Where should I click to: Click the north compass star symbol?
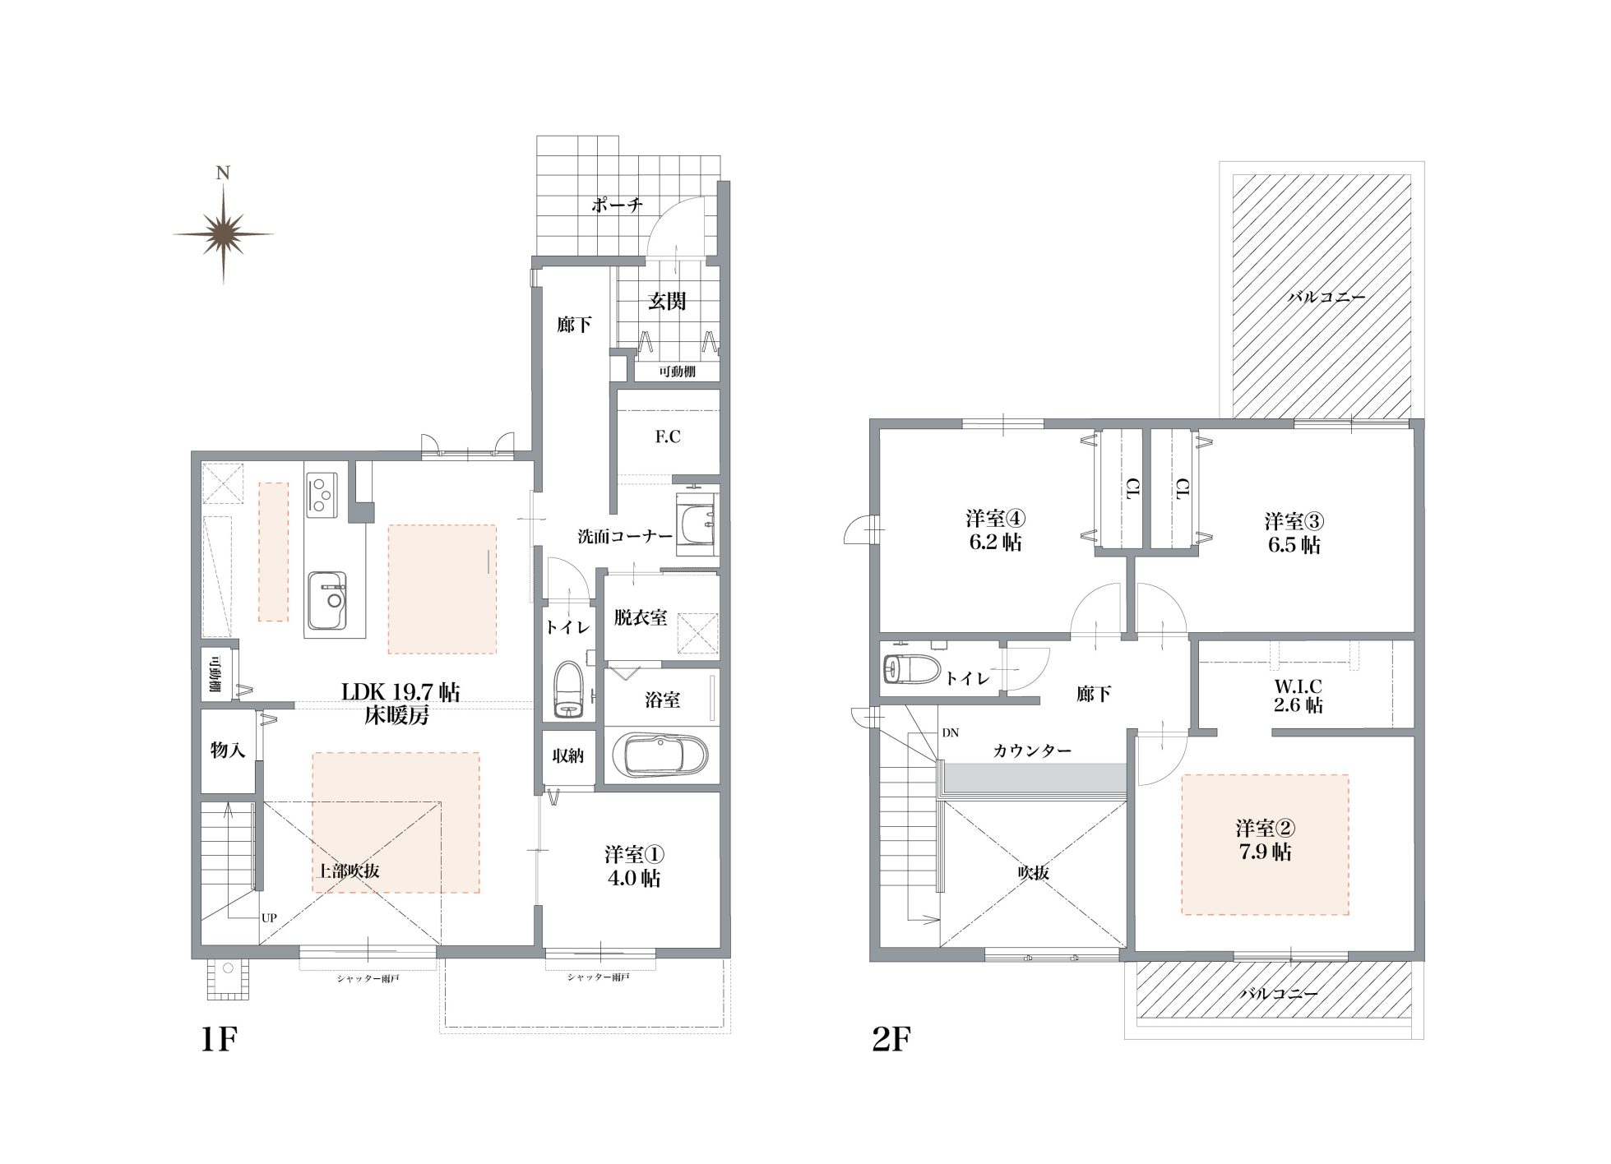pos(223,233)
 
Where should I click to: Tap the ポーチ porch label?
pos(616,205)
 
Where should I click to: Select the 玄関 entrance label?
pos(667,302)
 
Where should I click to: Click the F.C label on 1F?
pos(668,436)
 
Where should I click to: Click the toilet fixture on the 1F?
pos(568,689)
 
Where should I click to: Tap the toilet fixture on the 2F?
pos(910,669)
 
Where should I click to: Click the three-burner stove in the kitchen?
pos(322,494)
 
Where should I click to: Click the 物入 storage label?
pos(227,750)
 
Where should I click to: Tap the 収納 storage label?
pos(567,755)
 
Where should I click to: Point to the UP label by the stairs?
pos(269,917)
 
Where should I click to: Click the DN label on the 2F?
pos(950,732)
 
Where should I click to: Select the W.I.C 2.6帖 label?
pos(1299,695)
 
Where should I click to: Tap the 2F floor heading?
pos(891,1040)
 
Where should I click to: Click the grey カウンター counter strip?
pos(1035,776)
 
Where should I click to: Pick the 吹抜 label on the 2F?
pos(1033,873)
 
